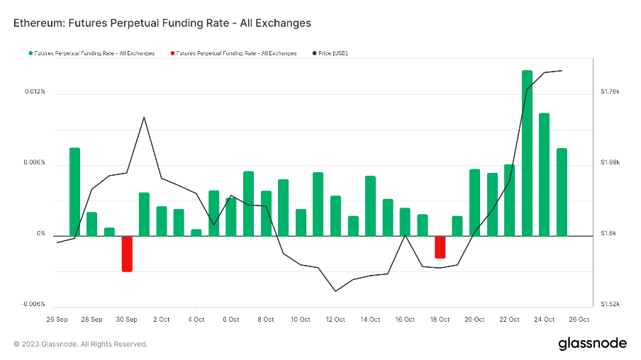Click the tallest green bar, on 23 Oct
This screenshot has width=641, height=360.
pyautogui.click(x=527, y=152)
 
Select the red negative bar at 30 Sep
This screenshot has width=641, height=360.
pyautogui.click(x=127, y=253)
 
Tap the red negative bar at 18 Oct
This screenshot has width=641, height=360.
pyautogui.click(x=440, y=247)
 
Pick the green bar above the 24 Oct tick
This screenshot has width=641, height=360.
pyautogui.click(x=545, y=174)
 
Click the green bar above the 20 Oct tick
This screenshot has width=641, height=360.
pyautogui.click(x=474, y=202)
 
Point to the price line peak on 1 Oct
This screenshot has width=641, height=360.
pyautogui.click(x=144, y=118)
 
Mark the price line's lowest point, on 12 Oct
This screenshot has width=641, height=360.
pyautogui.click(x=335, y=291)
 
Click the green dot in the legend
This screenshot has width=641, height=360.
pyautogui.click(x=30, y=53)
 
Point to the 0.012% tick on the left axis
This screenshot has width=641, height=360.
pyautogui.click(x=35, y=92)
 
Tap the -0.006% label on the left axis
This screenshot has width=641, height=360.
pyautogui.click(x=33, y=304)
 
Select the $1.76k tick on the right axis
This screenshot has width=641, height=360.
pyautogui.click(x=610, y=91)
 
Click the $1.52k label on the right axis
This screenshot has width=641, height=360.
pyautogui.click(x=610, y=304)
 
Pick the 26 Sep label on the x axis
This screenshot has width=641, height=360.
pyautogui.click(x=57, y=320)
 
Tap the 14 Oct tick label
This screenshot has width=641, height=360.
pyautogui.click(x=370, y=320)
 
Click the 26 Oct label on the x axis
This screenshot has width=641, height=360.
pyautogui.click(x=579, y=320)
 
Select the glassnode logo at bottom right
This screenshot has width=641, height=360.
pyautogui.click(x=592, y=343)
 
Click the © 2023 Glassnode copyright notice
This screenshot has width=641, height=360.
pyautogui.click(x=80, y=344)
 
